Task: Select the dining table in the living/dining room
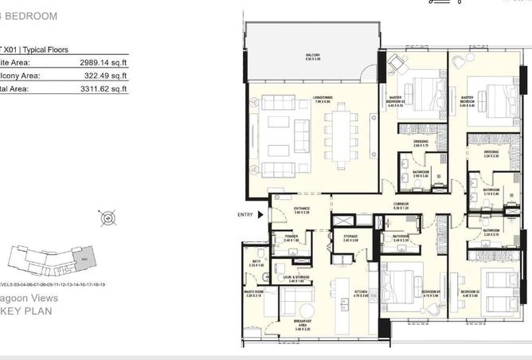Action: [x=342, y=137]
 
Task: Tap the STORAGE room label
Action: [x=351, y=237]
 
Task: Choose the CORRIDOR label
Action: [x=401, y=205]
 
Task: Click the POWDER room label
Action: [x=292, y=237]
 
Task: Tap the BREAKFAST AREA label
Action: [x=302, y=324]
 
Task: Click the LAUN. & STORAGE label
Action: [x=295, y=280]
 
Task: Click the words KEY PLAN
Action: [x=26, y=311]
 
